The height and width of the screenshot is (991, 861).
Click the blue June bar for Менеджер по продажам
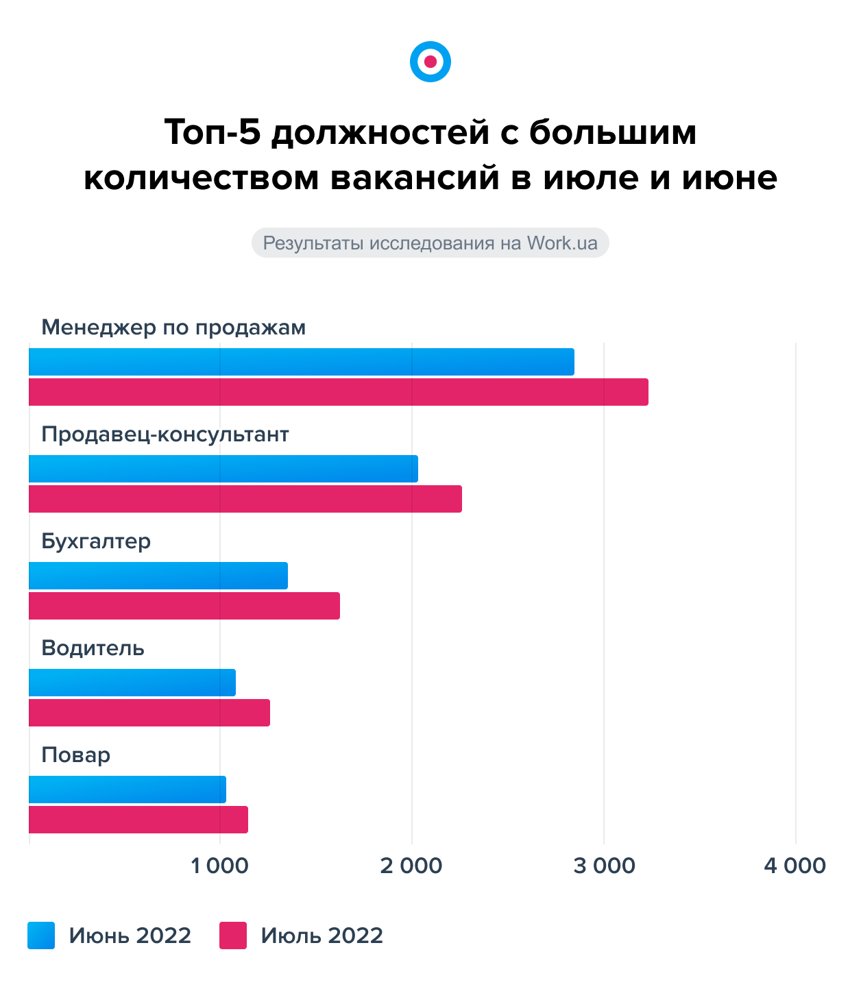pos(302,362)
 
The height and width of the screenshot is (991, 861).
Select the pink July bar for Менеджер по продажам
pos(339,392)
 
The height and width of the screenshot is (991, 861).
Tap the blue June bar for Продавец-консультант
pos(223,469)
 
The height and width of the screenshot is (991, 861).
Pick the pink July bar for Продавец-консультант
pos(245,499)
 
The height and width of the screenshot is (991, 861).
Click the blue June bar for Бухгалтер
pos(158,576)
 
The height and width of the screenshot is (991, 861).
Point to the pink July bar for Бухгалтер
pos(184,606)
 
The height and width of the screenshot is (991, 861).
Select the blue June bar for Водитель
pos(132,683)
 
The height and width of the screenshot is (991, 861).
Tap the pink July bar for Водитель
pos(149,713)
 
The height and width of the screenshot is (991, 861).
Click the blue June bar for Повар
pos(128,790)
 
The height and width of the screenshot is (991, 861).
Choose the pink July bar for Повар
pos(138,820)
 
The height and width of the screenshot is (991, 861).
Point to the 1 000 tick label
pos(219,866)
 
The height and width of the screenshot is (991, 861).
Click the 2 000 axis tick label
pos(411,866)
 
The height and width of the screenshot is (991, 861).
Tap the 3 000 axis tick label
pos(604,866)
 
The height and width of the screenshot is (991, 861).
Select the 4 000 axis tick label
pos(795,866)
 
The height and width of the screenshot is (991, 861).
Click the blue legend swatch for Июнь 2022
pos(41,935)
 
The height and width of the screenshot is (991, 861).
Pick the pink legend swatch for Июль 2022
pos(233,935)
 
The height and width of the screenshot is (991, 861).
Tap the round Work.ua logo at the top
pos(430,62)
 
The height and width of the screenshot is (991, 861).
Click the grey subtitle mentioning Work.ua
pos(430,243)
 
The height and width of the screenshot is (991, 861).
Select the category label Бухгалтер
pos(96,541)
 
